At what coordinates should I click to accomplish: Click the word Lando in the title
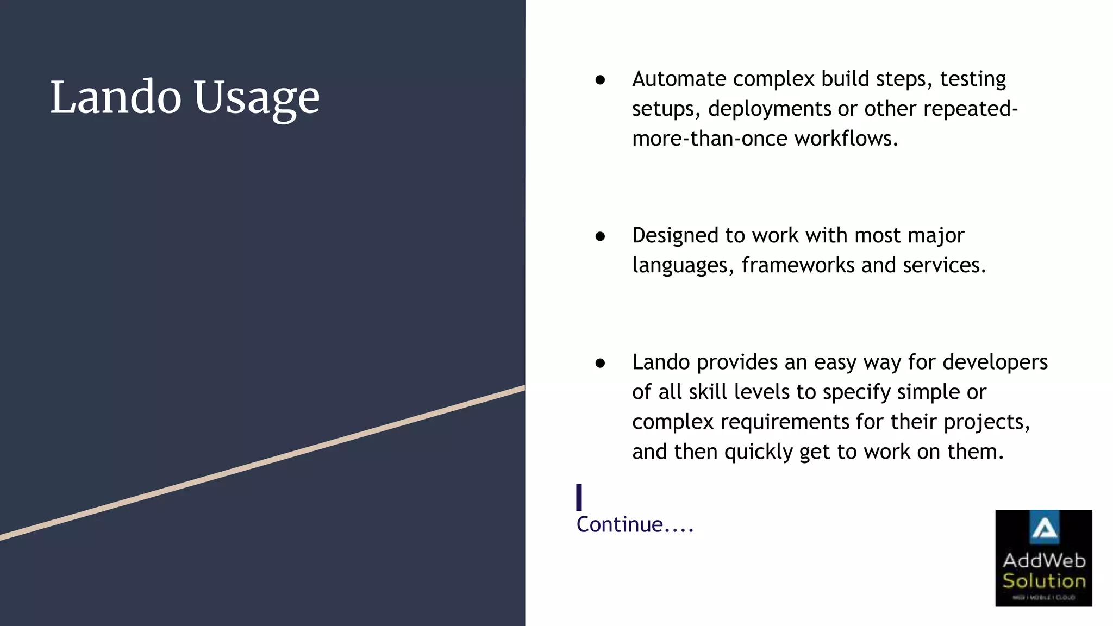(x=116, y=97)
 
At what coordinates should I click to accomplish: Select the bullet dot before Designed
(x=600, y=236)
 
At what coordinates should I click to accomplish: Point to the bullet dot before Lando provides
(x=600, y=363)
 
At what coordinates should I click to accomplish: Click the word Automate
(x=681, y=79)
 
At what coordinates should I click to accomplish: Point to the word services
(x=943, y=266)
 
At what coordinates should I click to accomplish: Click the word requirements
(x=785, y=422)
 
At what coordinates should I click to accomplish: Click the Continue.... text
(x=635, y=525)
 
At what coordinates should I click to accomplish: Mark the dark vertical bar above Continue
(x=579, y=497)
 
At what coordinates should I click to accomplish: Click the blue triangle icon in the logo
(x=1044, y=528)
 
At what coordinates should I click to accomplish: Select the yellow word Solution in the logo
(x=1044, y=581)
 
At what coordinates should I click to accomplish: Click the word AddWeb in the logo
(x=1044, y=560)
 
